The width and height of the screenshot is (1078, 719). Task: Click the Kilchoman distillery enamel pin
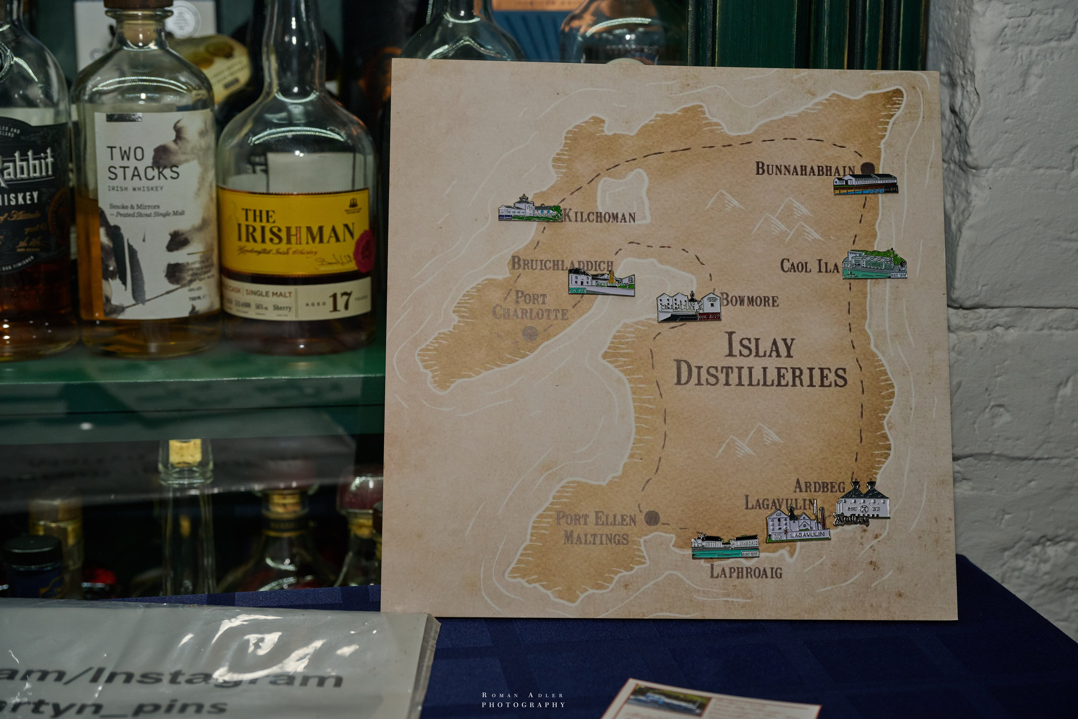pos(530,210)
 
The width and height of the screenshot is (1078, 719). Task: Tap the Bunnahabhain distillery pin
pos(865,184)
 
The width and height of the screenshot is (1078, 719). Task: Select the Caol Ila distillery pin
pos(874,265)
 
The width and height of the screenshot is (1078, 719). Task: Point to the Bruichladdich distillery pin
pos(601,282)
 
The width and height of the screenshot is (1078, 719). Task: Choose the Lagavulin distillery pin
pos(798,525)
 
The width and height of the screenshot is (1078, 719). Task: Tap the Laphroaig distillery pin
pos(725,547)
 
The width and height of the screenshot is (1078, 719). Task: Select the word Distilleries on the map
pos(760,377)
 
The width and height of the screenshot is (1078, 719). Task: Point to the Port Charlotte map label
pos(531,306)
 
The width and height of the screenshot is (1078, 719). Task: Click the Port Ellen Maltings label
pos(595,528)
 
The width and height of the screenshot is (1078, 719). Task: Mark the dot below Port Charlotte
pos(530,333)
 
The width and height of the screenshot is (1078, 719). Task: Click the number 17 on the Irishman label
pos(340,302)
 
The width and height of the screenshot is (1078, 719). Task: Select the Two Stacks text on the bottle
pos(142,164)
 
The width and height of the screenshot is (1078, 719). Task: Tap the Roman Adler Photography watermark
pos(523,700)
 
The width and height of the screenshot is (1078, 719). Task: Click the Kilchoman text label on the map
pos(599,217)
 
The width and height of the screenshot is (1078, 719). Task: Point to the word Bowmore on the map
pos(750,301)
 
